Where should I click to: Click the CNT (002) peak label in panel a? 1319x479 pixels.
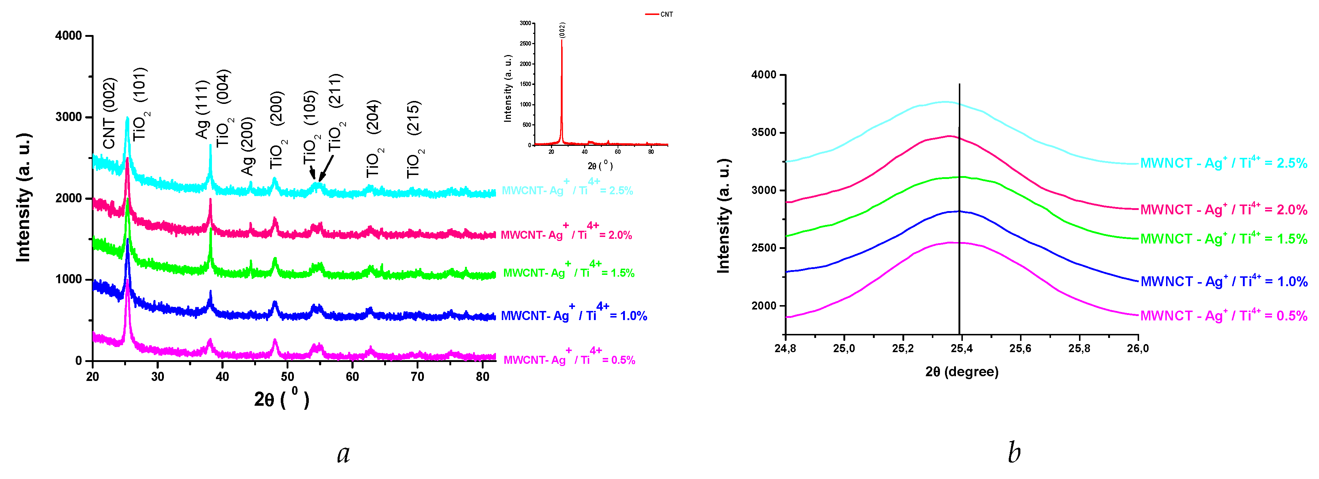(x=110, y=114)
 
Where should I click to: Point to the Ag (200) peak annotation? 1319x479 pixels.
(x=248, y=146)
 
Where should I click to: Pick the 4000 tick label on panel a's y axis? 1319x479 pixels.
(x=68, y=36)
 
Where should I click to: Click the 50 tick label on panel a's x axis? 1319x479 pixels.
(x=287, y=377)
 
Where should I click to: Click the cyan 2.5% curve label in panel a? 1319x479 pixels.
(x=567, y=190)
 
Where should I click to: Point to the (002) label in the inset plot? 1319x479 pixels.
(x=562, y=30)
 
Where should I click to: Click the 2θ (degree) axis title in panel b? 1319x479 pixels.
(x=962, y=372)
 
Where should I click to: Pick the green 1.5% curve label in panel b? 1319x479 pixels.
(x=1223, y=239)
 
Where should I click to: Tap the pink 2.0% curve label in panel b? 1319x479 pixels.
(x=1223, y=210)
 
